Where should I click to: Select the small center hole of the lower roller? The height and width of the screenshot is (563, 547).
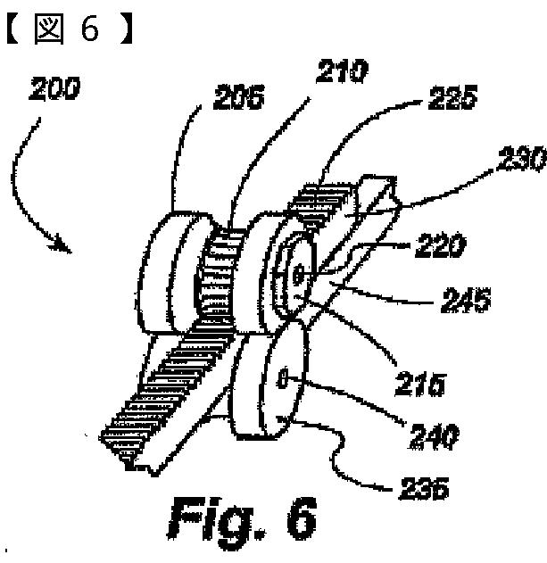pyautogui.click(x=283, y=381)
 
